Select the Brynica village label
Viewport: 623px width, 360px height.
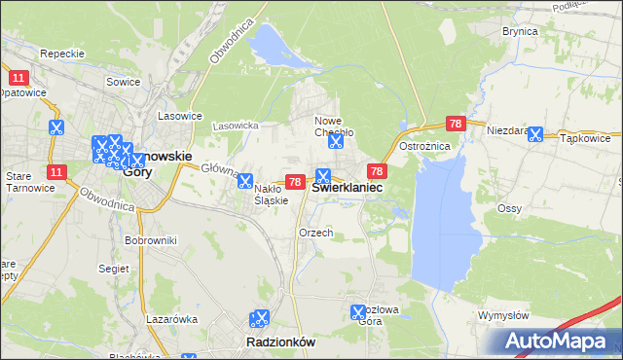pyautogui.click(x=520, y=31)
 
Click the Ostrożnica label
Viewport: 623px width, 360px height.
pyautogui.click(x=422, y=145)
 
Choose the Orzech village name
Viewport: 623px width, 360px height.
pyautogui.click(x=316, y=234)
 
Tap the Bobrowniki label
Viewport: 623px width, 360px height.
pyautogui.click(x=150, y=239)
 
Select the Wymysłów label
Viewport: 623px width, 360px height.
pyautogui.click(x=503, y=316)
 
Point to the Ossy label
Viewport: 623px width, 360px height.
pyautogui.click(x=509, y=208)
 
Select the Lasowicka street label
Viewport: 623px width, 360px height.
pyautogui.click(x=235, y=126)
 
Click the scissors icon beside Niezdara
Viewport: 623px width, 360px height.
pyautogui.click(x=534, y=134)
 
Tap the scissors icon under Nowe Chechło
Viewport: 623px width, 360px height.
pyautogui.click(x=336, y=141)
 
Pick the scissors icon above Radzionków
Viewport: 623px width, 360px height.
pyautogui.click(x=259, y=318)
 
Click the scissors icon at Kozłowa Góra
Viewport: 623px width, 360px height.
pyautogui.click(x=358, y=312)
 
